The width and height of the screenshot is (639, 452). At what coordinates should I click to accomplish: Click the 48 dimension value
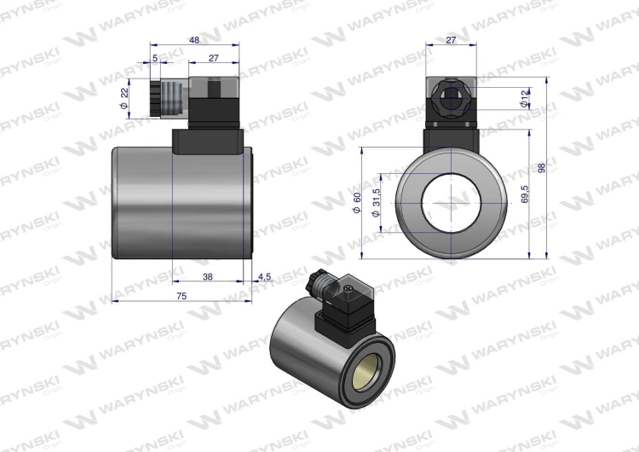coord(193,40)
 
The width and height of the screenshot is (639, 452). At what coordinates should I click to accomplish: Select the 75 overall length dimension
coord(182,295)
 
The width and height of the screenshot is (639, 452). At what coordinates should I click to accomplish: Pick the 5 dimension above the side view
coord(154,59)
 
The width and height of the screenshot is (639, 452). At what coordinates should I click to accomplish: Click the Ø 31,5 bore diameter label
coord(375,202)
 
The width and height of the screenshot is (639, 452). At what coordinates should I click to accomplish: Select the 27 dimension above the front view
coord(452,40)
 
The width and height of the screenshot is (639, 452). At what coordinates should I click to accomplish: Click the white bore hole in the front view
coord(452,203)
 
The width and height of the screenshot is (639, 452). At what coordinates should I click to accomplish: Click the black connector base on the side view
coord(208,141)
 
